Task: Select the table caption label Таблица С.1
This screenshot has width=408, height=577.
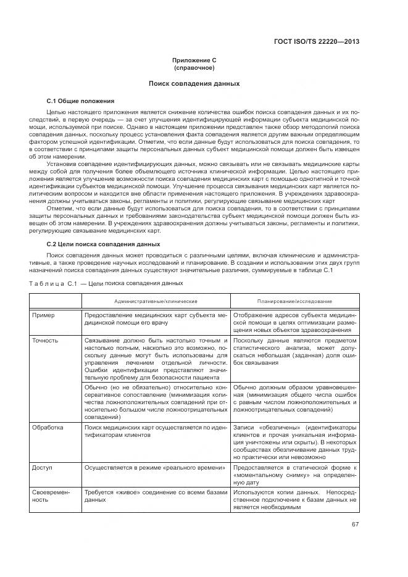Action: [56, 284]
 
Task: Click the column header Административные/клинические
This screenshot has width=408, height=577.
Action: [156, 301]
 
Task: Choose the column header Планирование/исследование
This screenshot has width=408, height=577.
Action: [294, 301]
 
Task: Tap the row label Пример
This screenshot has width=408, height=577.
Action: [43, 315]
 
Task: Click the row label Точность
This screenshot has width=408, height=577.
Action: [45, 340]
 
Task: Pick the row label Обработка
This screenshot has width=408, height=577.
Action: [47, 427]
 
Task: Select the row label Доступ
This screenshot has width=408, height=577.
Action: [42, 468]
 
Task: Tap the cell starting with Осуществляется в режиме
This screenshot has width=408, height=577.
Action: [154, 468]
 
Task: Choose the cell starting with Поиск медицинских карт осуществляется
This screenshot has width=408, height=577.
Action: [156, 431]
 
